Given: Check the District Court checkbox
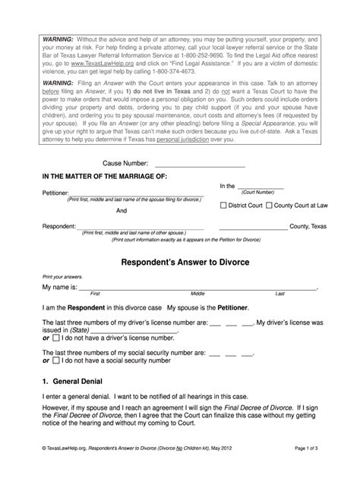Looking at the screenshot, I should pos(223,205).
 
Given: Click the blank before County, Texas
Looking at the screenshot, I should pos(253,226).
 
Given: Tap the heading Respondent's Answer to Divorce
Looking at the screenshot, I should pos(179,262).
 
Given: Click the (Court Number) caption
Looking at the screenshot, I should pos(259,193).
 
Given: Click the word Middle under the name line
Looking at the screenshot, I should pos(197,293).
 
